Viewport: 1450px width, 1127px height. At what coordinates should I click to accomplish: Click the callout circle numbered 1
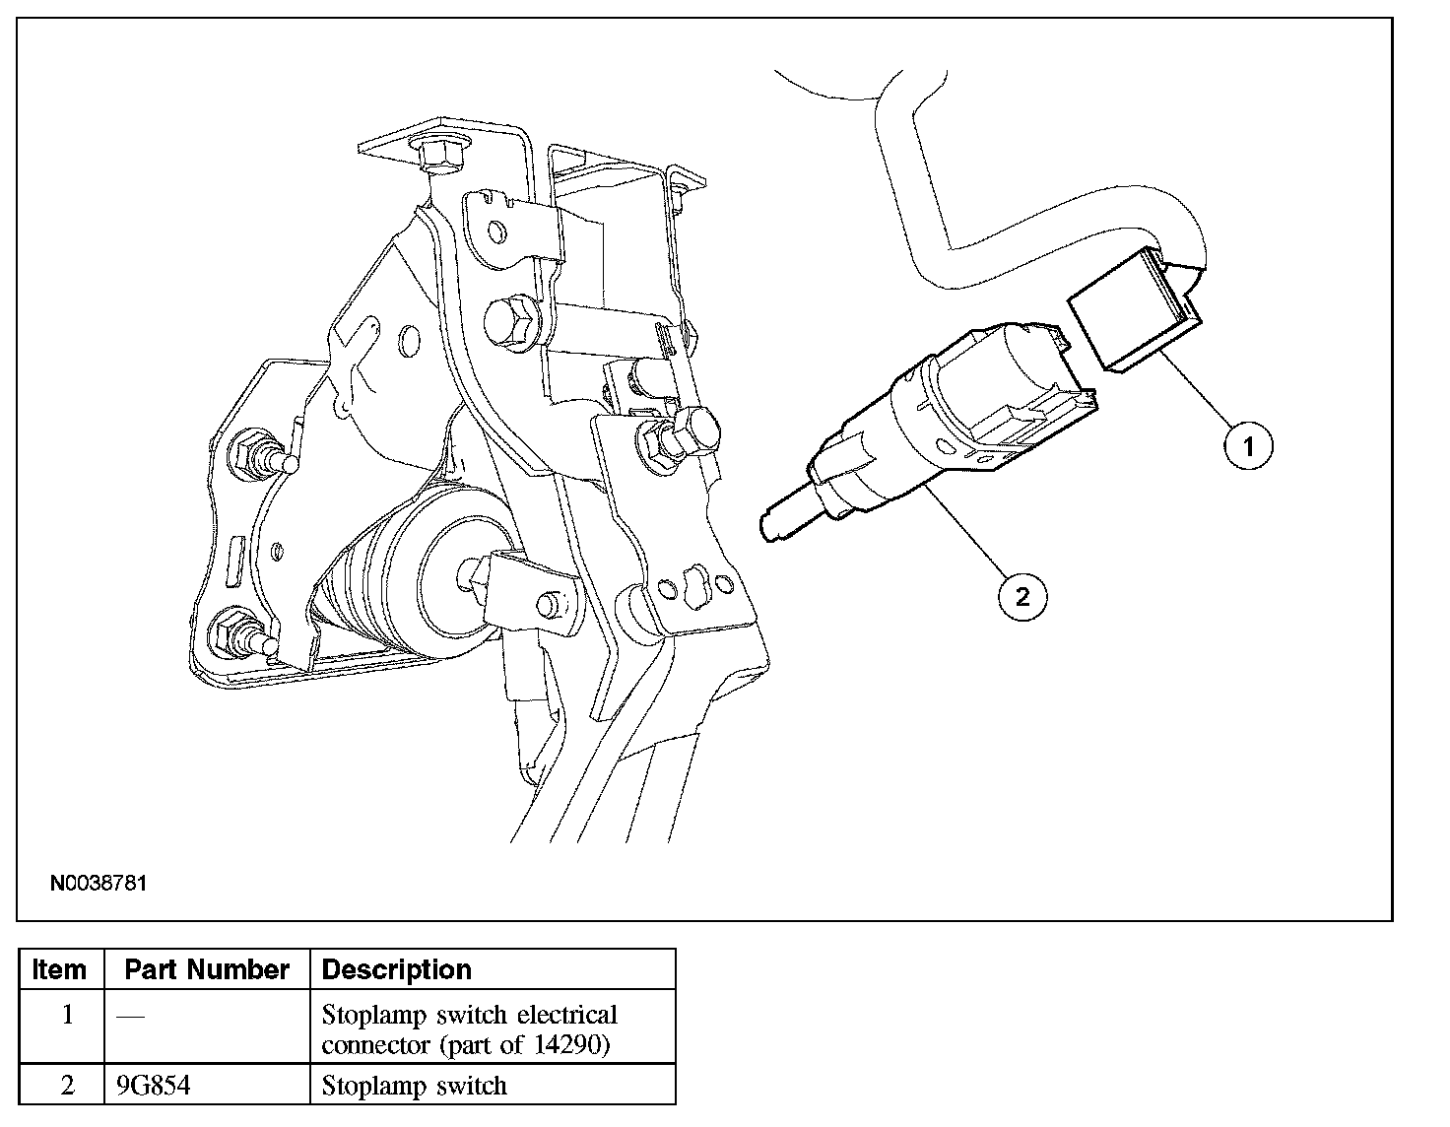1248,447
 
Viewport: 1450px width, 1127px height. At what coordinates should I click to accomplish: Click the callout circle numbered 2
1022,595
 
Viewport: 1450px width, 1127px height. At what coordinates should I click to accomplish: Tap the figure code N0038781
99,883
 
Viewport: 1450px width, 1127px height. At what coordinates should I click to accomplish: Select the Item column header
59,969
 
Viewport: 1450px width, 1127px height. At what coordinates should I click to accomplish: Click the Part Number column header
207,969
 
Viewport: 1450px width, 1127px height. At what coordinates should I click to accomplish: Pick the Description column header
397,969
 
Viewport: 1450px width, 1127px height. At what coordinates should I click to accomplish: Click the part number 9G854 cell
153,1086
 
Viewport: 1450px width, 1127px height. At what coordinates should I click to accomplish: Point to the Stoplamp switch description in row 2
414,1086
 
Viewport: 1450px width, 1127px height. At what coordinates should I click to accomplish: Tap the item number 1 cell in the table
67,1015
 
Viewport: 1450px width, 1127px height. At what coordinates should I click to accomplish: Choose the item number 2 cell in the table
67,1086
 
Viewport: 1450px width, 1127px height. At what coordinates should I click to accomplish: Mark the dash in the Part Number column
130,1016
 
